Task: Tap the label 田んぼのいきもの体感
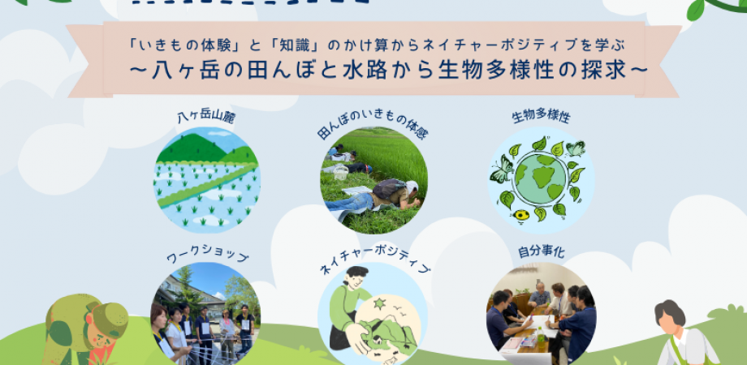(x=373, y=130)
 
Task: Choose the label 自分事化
(x=541, y=253)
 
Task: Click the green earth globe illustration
(x=540, y=178)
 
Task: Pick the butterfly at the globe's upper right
(x=576, y=148)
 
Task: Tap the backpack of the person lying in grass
(x=389, y=189)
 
